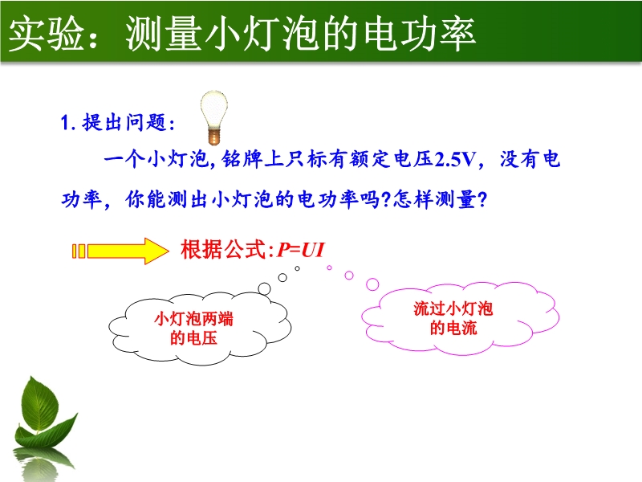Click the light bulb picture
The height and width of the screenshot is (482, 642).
[x=213, y=117]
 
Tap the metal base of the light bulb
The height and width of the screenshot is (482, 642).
[x=213, y=136]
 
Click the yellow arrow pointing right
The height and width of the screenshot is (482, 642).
[x=120, y=251]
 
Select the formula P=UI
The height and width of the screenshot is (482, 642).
[x=301, y=250]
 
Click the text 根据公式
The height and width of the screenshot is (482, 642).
[x=225, y=249]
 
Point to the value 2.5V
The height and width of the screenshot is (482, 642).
[x=455, y=159]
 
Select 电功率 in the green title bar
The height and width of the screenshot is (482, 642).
[x=419, y=35]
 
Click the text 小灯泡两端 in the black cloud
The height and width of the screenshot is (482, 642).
[x=193, y=319]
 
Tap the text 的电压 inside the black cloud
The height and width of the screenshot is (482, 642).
[x=193, y=338]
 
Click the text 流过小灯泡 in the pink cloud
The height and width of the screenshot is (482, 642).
[x=453, y=308]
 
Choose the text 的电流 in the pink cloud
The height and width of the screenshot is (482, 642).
[x=453, y=328]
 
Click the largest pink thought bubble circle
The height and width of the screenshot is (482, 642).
[x=372, y=284]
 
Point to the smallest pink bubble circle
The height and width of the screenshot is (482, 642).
[x=329, y=268]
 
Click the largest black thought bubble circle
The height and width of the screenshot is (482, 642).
[x=265, y=289]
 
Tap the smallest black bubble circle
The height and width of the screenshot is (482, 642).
[x=297, y=268]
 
